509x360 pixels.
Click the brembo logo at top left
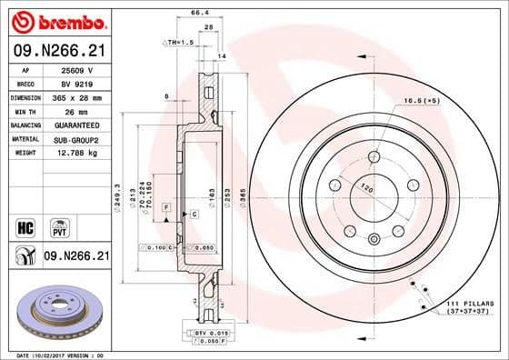[x=55, y=20]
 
